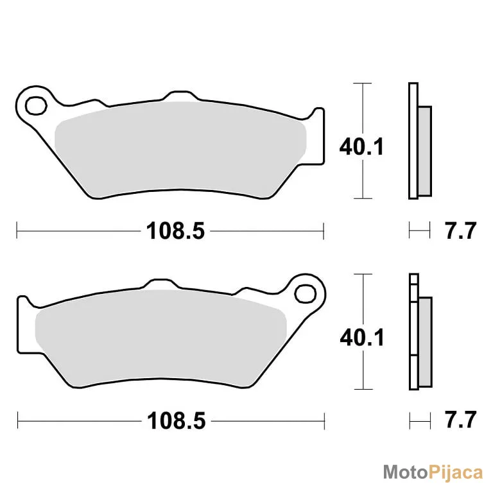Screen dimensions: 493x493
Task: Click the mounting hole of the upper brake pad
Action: point(36,106)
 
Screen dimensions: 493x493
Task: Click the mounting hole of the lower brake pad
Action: point(305,293)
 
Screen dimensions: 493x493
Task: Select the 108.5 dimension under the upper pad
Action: point(175,231)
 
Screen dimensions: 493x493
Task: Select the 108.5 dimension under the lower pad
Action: point(176,420)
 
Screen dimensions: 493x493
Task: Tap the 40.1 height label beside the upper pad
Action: point(361,146)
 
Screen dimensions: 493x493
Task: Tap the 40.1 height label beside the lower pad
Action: point(362,338)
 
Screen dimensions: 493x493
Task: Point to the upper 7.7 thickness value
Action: point(460,231)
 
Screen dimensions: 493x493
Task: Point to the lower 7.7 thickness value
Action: point(461,420)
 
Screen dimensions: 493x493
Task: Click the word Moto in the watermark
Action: point(406,472)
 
